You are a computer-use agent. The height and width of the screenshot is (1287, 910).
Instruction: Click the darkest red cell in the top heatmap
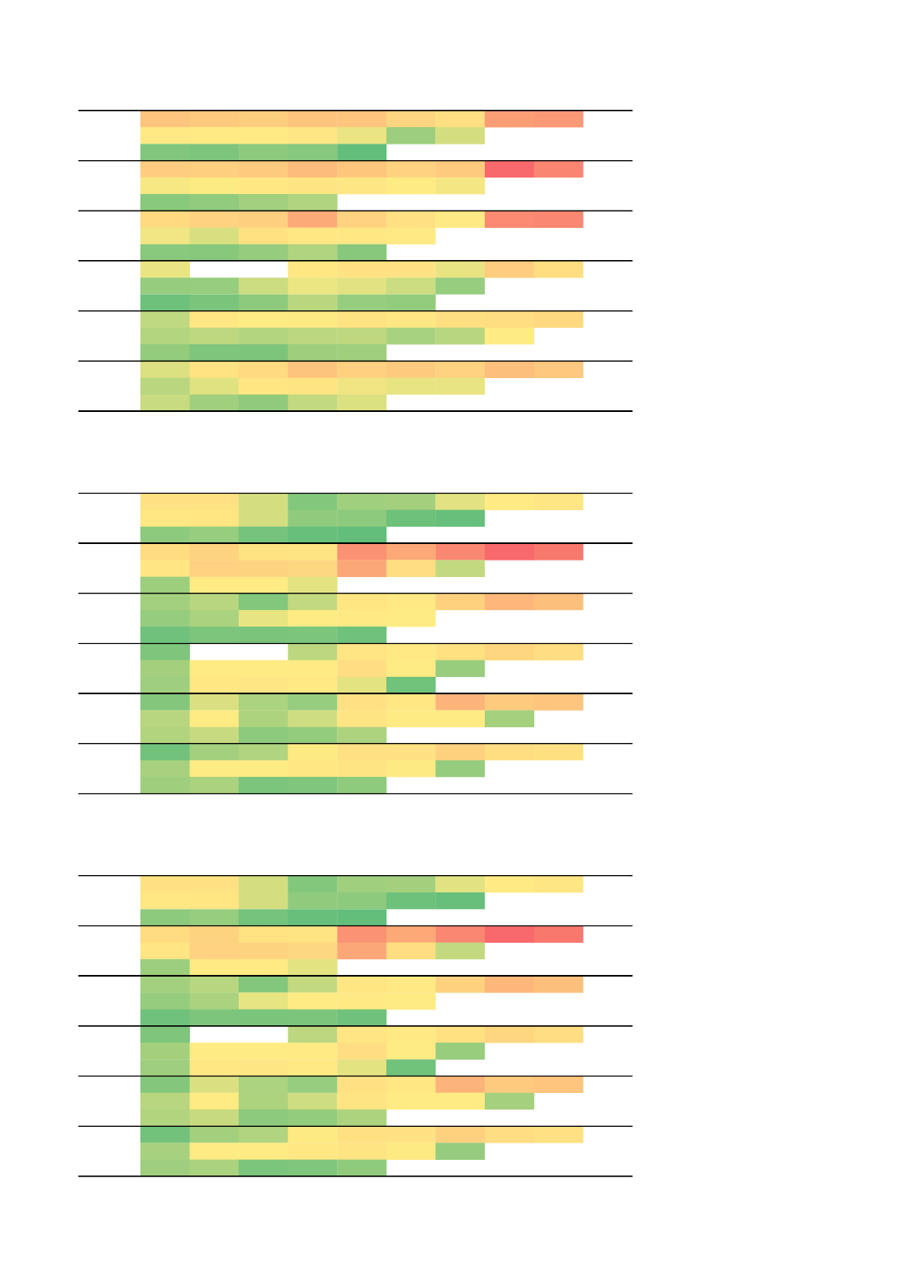click(x=509, y=169)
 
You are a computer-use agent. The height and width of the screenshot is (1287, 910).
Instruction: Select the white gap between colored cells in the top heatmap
click(x=239, y=269)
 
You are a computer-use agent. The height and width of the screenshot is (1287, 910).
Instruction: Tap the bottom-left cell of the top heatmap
click(x=165, y=402)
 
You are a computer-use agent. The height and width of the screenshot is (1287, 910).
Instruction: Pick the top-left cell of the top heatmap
click(x=165, y=119)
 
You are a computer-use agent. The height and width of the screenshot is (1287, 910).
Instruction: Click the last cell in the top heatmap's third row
click(x=362, y=152)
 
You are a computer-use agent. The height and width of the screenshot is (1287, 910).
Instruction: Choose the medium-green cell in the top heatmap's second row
click(x=410, y=135)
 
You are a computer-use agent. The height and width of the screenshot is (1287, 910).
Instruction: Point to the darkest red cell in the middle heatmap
click(x=509, y=551)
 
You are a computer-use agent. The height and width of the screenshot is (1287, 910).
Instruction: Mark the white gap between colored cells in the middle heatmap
click(x=239, y=651)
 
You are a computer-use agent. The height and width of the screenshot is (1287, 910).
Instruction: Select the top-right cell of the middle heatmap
click(x=558, y=501)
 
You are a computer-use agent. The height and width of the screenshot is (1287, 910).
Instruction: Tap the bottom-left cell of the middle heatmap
click(x=165, y=784)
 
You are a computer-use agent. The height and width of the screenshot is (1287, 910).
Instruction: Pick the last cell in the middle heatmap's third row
click(x=362, y=534)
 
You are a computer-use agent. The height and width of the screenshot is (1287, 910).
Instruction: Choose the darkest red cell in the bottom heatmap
click(x=509, y=934)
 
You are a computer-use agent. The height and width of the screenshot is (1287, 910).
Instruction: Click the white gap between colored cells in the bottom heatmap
click(x=239, y=1034)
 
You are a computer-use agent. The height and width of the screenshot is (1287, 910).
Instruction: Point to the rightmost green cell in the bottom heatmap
click(x=509, y=1100)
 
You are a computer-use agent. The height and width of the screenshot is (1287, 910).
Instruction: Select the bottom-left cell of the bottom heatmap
click(x=165, y=1166)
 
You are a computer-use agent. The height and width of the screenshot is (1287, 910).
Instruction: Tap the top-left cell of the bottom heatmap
click(x=165, y=884)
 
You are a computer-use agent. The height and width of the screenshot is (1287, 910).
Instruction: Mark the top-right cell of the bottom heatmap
click(x=558, y=884)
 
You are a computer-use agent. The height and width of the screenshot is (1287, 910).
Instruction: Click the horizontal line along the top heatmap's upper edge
click(x=355, y=110)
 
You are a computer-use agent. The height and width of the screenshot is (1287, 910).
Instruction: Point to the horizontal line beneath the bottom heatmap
click(x=355, y=1176)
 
